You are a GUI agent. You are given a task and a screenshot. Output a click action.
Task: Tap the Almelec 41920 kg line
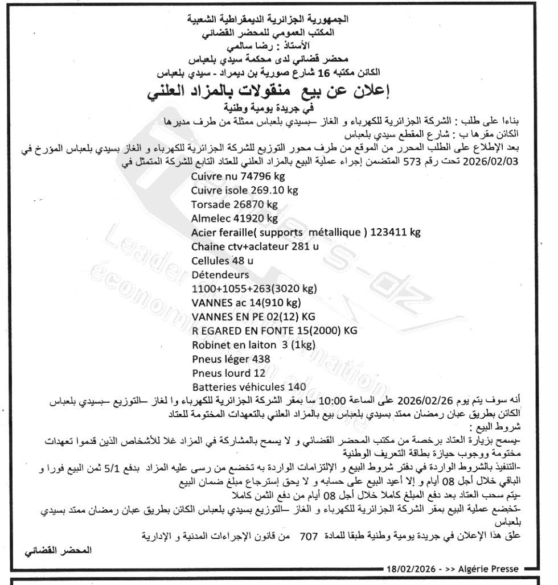235,218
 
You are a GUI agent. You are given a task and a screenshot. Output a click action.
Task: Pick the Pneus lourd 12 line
229,373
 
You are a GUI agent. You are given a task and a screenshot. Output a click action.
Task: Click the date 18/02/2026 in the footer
411,568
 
